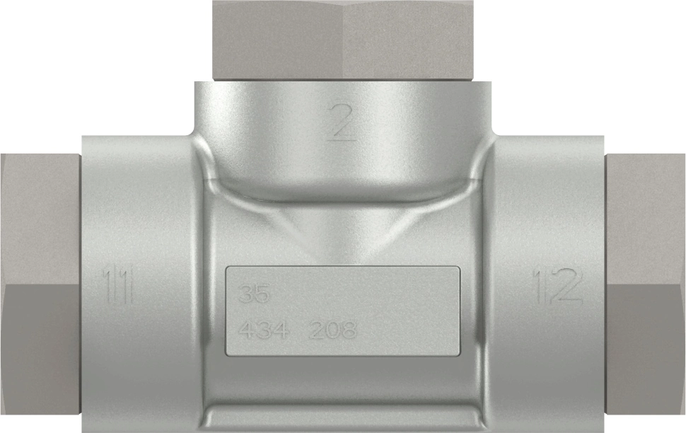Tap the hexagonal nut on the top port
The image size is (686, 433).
tap(343, 39)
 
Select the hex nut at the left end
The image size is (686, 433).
tap(39, 290)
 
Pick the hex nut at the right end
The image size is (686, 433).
tap(646, 290)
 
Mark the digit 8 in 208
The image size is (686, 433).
tap(347, 330)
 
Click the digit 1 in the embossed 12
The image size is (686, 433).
tap(539, 286)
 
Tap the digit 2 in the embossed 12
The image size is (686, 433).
tap(566, 286)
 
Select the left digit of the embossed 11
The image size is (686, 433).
tap(110, 286)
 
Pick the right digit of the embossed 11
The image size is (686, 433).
tap(127, 286)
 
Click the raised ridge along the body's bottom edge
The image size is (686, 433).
tap(343, 410)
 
